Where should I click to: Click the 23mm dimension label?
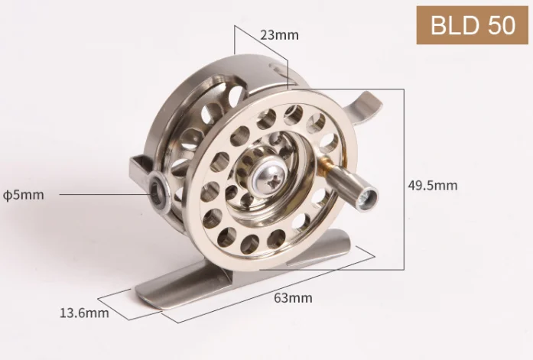point(279,35)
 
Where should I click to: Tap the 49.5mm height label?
point(433,186)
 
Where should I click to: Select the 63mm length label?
point(293,298)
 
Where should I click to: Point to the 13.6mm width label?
point(84,313)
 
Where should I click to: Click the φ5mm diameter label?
point(24,195)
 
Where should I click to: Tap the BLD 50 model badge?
point(472,25)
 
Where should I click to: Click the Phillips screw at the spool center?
point(267,177)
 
